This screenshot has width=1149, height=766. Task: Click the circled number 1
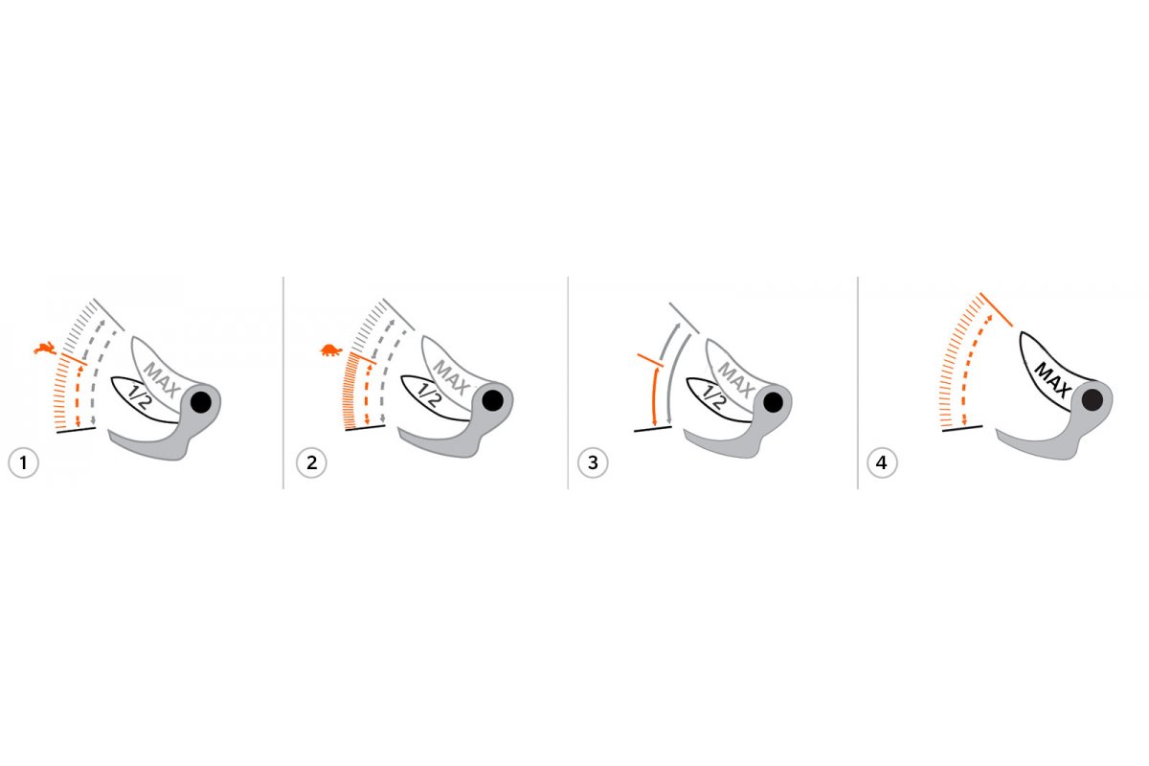pyautogui.click(x=23, y=462)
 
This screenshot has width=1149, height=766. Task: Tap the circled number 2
pyautogui.click(x=311, y=462)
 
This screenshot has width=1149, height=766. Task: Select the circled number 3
pyautogui.click(x=593, y=462)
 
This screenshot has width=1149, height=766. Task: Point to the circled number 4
pyautogui.click(x=882, y=462)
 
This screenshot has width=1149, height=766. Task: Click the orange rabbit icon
pyautogui.click(x=45, y=349)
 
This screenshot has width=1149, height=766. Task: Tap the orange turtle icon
pyautogui.click(x=331, y=350)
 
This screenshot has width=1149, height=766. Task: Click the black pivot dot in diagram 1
pyautogui.click(x=200, y=402)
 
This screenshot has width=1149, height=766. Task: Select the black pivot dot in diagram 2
pyautogui.click(x=493, y=400)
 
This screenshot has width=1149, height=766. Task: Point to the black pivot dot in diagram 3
pyautogui.click(x=773, y=403)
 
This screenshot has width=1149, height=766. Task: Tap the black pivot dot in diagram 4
pyautogui.click(x=1093, y=399)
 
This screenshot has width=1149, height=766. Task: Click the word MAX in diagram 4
pyautogui.click(x=1052, y=380)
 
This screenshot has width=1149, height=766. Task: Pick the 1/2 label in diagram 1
pyautogui.click(x=138, y=396)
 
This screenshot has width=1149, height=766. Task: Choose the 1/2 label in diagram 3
pyautogui.click(x=713, y=396)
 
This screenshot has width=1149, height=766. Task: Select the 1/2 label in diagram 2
pyautogui.click(x=428, y=395)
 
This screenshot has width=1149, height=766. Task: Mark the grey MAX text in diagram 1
pyautogui.click(x=162, y=380)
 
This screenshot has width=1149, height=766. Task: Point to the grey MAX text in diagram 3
pyautogui.click(x=736, y=380)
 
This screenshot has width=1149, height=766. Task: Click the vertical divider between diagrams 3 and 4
pyautogui.click(x=858, y=383)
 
